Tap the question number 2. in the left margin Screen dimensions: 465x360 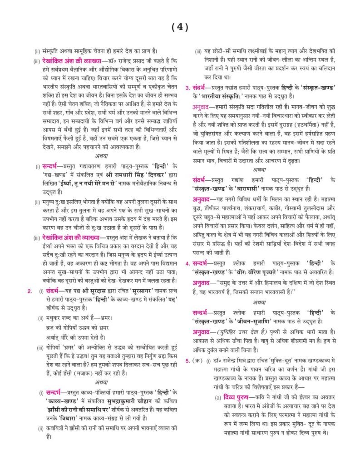coord(30,291)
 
